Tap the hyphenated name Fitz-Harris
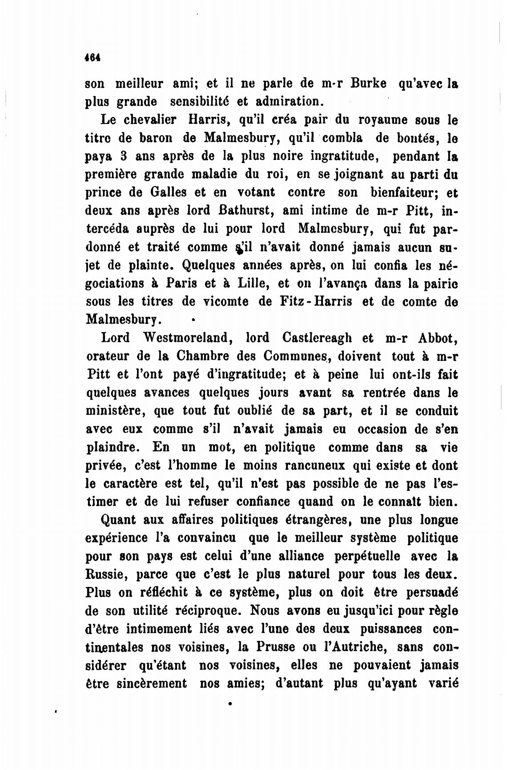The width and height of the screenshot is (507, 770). pyautogui.click(x=316, y=302)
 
